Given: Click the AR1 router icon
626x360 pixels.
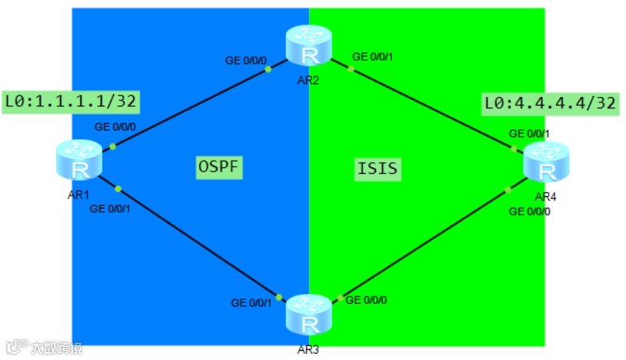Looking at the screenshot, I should [78, 160].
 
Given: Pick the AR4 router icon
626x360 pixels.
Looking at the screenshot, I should [544, 160].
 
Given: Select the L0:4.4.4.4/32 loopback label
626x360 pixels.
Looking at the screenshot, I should [550, 103].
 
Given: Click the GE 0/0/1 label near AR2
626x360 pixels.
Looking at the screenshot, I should [372, 56].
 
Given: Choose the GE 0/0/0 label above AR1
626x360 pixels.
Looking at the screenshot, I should [115, 127].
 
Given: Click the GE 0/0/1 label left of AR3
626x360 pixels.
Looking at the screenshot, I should [251, 303].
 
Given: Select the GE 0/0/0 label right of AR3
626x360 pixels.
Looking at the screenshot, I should [366, 299].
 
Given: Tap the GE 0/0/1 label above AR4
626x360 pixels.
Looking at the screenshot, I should [530, 133].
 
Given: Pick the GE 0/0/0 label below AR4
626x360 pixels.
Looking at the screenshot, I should [530, 211].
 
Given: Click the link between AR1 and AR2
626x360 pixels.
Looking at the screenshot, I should [192, 105].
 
